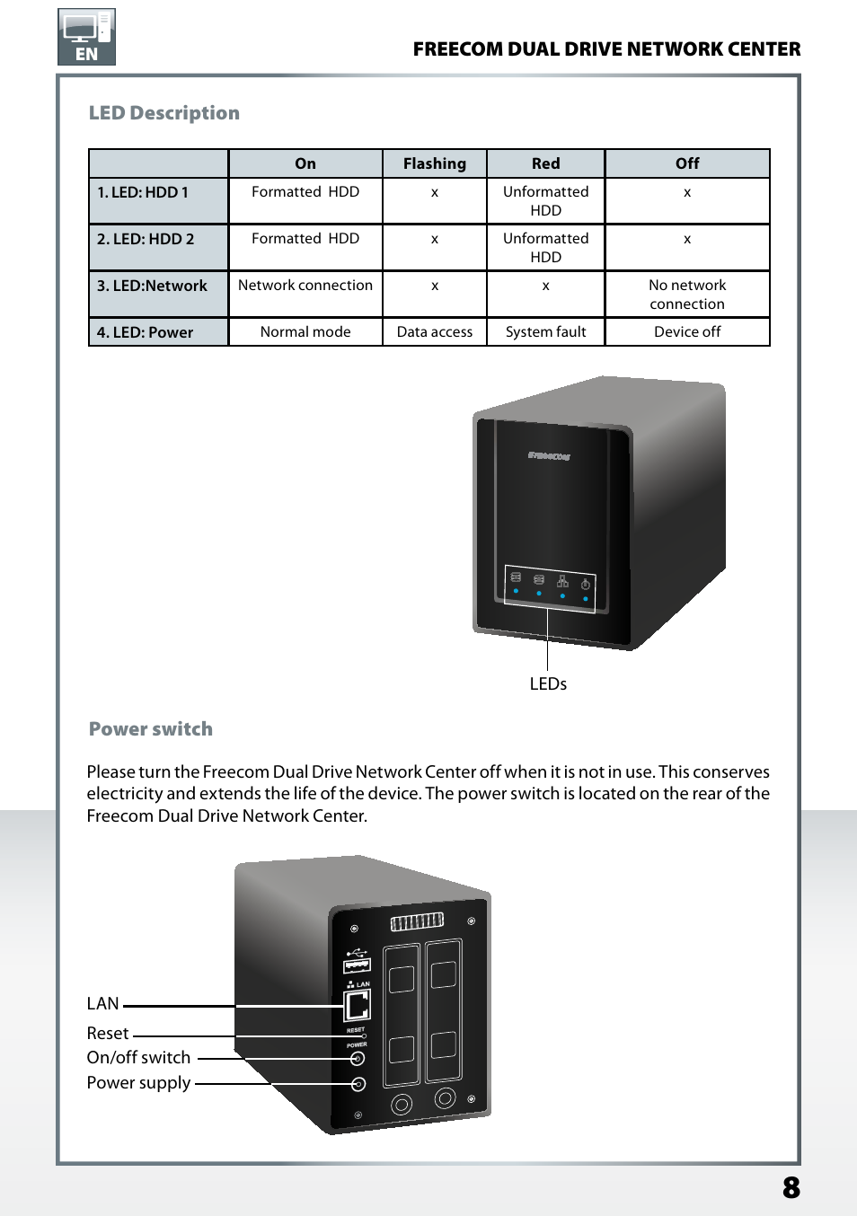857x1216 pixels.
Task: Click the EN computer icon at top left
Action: click(x=86, y=37)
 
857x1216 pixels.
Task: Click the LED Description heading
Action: click(x=163, y=113)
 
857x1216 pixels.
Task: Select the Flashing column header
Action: click(x=435, y=163)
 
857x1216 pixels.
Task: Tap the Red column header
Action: click(x=545, y=163)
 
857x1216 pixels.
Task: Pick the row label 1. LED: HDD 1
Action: click(x=143, y=192)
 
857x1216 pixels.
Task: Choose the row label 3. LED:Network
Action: click(x=152, y=286)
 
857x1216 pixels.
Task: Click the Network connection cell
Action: click(x=305, y=286)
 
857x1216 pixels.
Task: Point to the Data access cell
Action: click(x=435, y=332)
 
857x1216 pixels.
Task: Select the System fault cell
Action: click(x=545, y=332)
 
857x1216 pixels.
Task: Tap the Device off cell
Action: click(x=687, y=332)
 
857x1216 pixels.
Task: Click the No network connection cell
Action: click(x=687, y=295)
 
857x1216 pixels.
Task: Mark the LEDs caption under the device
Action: click(x=548, y=684)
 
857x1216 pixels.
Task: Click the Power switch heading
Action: click(x=151, y=729)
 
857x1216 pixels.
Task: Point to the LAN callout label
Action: click(x=103, y=1004)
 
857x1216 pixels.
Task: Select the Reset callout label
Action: click(x=108, y=1034)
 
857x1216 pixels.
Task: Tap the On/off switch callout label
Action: click(x=138, y=1058)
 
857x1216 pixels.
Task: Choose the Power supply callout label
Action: click(x=138, y=1083)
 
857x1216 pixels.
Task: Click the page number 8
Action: click(x=791, y=1188)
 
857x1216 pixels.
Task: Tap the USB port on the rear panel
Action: click(x=357, y=965)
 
